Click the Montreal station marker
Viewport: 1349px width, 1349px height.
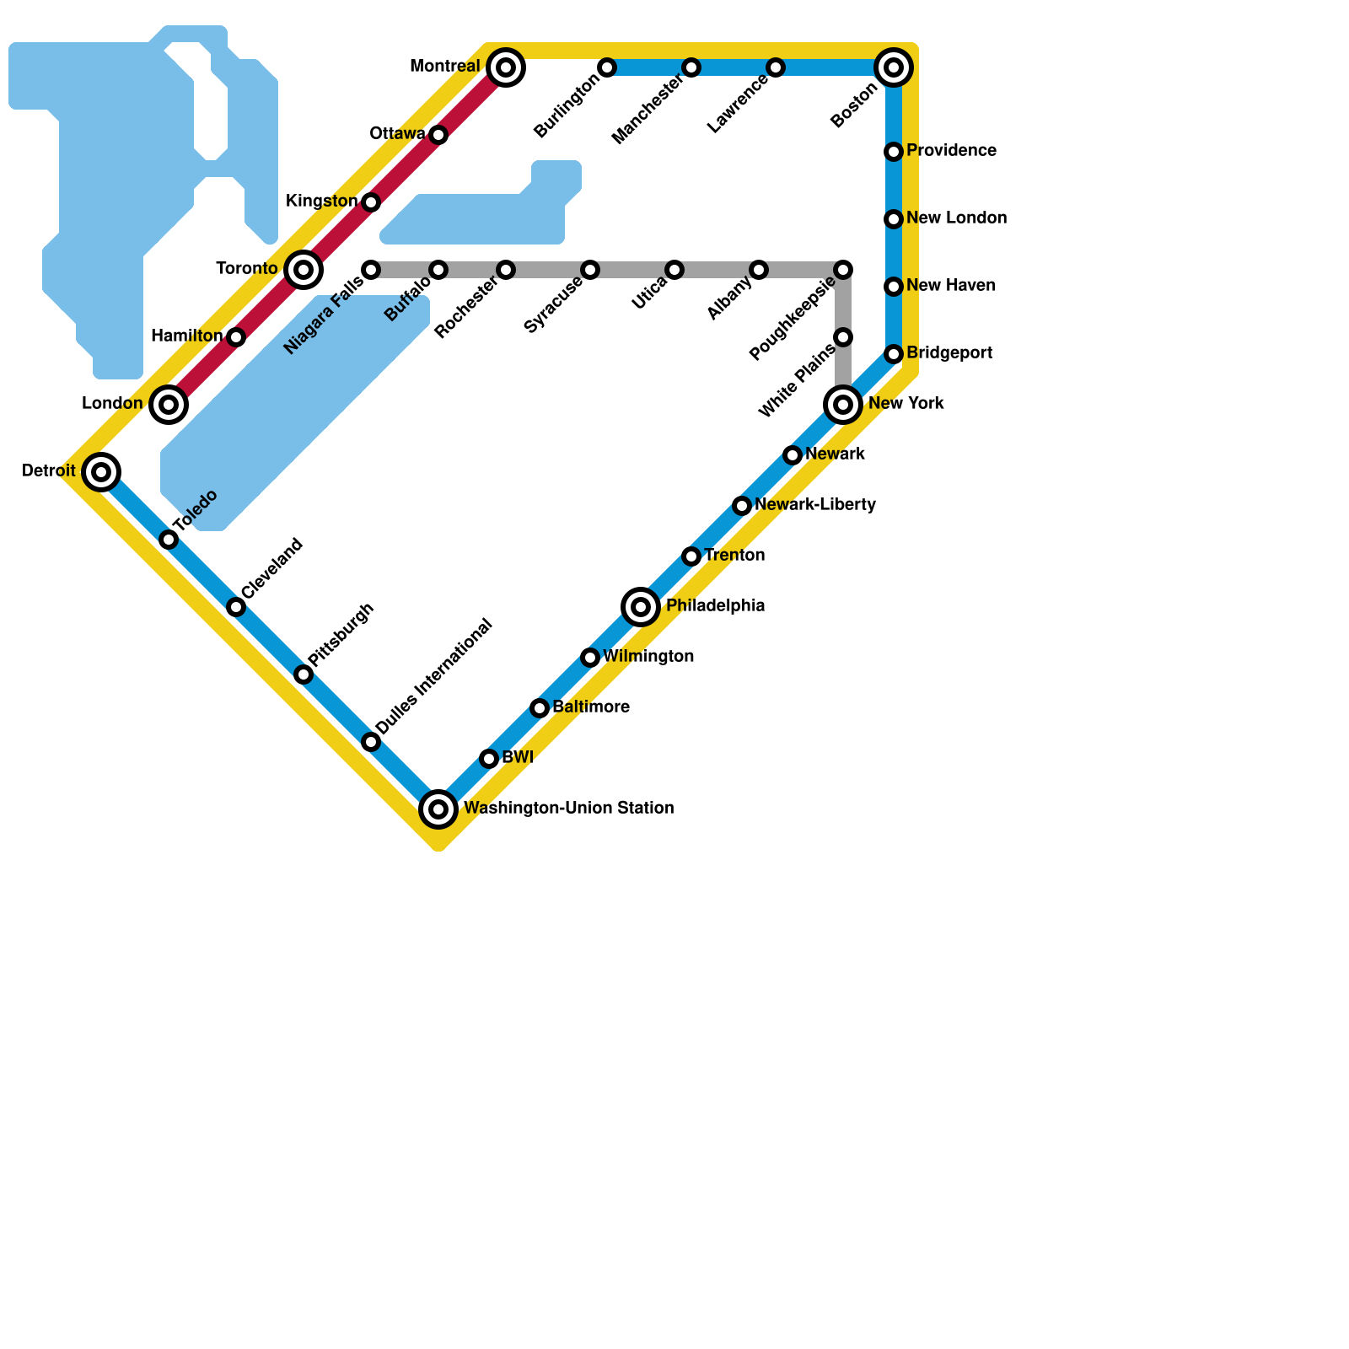pyautogui.click(x=506, y=67)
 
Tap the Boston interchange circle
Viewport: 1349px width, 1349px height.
pyautogui.click(x=894, y=67)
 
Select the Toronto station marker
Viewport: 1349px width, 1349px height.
pyautogui.click(x=304, y=270)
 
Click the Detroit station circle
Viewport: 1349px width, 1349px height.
pyautogui.click(x=101, y=472)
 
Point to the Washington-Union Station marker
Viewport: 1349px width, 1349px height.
pyautogui.click(x=438, y=809)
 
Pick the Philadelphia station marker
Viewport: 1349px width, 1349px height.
pyautogui.click(x=641, y=607)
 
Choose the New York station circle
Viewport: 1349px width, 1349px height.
pyautogui.click(x=843, y=405)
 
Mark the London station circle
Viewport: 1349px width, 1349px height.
pyautogui.click(x=169, y=405)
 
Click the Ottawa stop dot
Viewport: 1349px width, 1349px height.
pyautogui.click(x=438, y=135)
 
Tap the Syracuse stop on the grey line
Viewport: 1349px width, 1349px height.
pyautogui.click(x=590, y=270)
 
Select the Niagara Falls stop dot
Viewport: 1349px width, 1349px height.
pyautogui.click(x=371, y=270)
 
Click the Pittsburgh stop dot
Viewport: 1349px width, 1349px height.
pyautogui.click(x=304, y=674)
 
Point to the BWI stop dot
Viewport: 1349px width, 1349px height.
pyautogui.click(x=489, y=759)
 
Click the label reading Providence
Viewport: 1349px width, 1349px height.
pyautogui.click(x=951, y=151)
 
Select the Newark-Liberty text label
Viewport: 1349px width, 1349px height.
pyautogui.click(x=815, y=505)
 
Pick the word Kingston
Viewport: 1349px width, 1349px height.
pyautogui.click(x=321, y=202)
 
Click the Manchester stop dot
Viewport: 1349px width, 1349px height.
pyautogui.click(x=691, y=67)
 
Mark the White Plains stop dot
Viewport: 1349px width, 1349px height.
pyautogui.click(x=843, y=337)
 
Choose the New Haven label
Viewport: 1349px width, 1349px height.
pyautogui.click(x=950, y=286)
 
